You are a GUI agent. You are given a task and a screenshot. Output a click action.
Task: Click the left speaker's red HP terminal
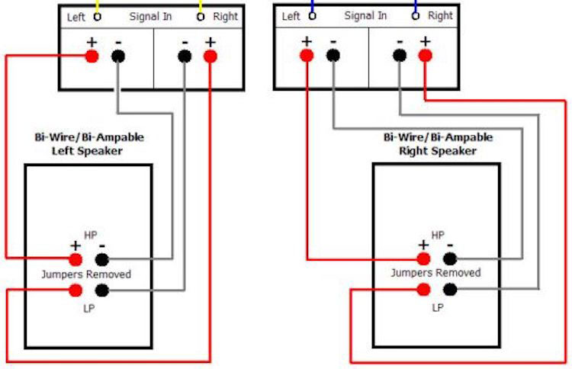[76, 259]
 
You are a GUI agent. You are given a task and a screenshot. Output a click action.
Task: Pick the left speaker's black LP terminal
[101, 290]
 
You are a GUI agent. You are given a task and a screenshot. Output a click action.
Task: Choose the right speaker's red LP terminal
[424, 289]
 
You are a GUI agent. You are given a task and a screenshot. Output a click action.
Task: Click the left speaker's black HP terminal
[101, 259]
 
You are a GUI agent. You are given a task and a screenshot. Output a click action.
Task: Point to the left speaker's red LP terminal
[76, 290]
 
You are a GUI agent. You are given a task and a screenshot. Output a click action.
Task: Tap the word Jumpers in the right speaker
[412, 273]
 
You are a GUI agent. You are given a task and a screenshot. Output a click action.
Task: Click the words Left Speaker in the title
[87, 151]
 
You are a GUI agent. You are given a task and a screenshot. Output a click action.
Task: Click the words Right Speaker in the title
[438, 150]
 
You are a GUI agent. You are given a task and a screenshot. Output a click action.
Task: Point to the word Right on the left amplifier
[226, 16]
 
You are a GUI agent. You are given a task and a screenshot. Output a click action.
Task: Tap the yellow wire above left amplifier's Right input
[201, 5]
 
